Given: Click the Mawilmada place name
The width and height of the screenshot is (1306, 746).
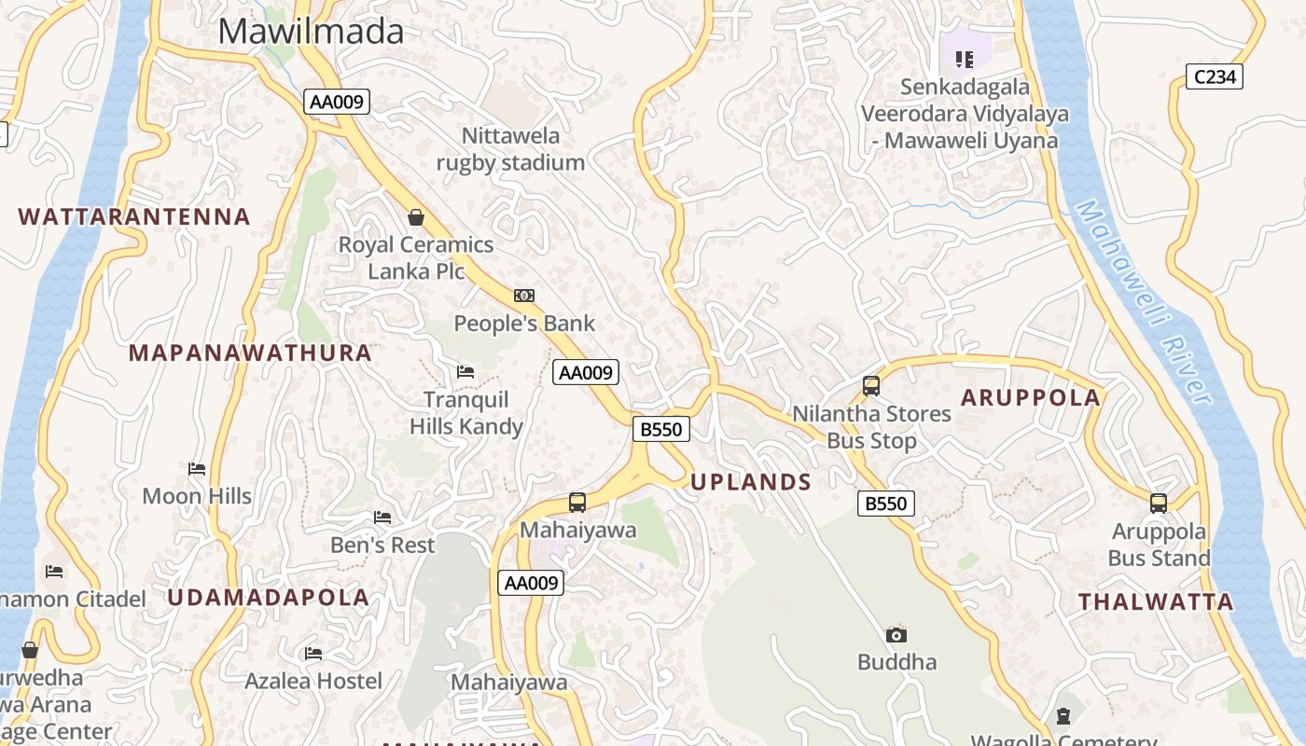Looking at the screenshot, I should (311, 31).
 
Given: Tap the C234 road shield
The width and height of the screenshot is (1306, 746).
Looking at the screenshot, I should (1216, 76).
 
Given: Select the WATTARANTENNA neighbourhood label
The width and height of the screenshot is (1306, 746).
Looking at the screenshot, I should (134, 217).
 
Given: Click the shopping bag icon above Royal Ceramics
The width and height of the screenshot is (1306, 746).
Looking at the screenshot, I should (416, 217).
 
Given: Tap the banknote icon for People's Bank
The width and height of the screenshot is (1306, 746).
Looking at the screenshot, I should (524, 296).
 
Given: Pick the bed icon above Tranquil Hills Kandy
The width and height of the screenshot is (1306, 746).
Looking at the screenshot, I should (465, 372).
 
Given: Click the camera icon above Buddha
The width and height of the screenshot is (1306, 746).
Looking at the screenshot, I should (896, 635).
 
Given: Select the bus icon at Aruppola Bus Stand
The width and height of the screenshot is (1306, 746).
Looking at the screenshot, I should (1159, 504).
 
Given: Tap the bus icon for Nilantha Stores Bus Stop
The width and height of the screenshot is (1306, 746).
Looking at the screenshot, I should (871, 385).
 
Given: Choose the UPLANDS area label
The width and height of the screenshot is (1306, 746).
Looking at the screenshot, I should (751, 482).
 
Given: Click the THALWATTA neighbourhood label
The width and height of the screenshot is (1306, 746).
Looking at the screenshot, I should (1157, 602).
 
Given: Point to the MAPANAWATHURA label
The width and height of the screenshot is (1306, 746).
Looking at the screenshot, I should (250, 353).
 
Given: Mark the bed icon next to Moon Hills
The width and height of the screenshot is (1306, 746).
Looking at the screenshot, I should (197, 468).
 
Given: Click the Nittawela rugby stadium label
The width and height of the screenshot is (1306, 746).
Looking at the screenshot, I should (511, 149).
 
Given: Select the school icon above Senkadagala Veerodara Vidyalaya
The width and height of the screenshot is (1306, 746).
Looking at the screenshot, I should (965, 60).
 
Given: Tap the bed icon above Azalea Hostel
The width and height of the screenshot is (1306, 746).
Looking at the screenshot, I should (313, 654).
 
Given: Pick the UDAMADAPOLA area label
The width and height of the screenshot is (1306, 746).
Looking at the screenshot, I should (269, 598).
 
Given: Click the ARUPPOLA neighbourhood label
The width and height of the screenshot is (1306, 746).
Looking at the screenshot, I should (1031, 398).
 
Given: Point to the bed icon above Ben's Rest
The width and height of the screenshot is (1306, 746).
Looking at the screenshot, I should (382, 518).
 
